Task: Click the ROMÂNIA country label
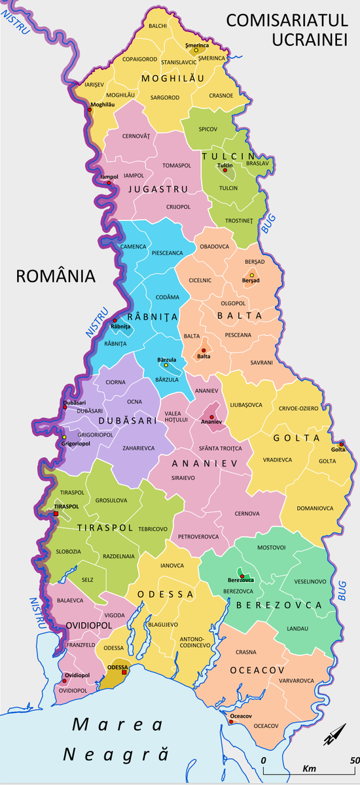[56, 275]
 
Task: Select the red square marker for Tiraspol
[56, 514]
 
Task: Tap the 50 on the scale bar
[354, 760]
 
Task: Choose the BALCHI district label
[158, 26]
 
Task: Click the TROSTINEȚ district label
[238, 221]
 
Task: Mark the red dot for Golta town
[341, 444]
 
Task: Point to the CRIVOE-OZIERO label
[298, 408]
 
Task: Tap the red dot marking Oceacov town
[231, 723]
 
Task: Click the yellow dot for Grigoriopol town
[64, 437]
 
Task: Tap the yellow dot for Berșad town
[252, 275]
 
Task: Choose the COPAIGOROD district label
[139, 59]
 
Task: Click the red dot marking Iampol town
[109, 183]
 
